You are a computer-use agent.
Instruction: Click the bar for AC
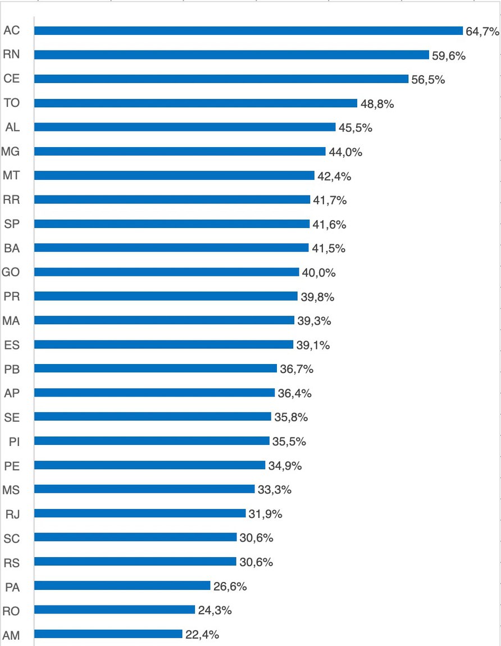pos(248,31)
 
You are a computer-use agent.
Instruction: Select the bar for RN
pos(231,55)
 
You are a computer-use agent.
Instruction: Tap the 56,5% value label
pos(428,79)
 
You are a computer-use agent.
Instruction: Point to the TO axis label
pos(11,103)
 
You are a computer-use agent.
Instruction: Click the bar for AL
pos(184,128)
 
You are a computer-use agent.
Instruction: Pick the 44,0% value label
pos(345,152)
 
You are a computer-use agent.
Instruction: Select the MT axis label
pos(11,175)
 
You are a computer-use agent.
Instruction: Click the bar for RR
pos(172,199)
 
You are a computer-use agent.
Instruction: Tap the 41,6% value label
pos(329,224)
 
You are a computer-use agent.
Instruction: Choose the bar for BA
pos(171,248)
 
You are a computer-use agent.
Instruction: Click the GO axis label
pos(11,272)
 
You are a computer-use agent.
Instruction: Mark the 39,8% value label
pos(317,297)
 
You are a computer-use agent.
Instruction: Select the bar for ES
pos(163,344)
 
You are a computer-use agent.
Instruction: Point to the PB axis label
pos(11,369)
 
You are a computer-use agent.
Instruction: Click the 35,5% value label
pos(289,442)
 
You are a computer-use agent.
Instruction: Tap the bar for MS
pos(144,489)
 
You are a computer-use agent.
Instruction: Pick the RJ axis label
pos(12,514)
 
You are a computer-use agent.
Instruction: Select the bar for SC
pos(135,538)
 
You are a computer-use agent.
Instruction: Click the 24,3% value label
pos(215,610)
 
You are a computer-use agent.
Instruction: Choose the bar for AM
pos(108,634)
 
